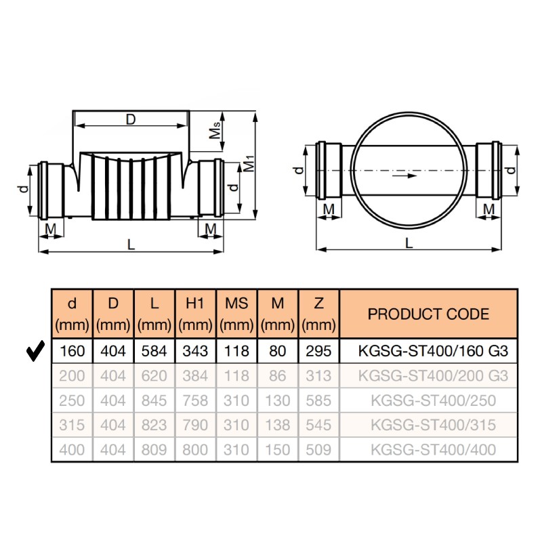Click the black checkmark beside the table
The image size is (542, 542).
(36, 350)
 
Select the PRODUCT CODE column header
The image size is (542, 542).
(428, 314)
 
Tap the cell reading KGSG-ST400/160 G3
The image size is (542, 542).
(433, 351)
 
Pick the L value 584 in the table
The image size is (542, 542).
(154, 351)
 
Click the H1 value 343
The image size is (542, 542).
(195, 351)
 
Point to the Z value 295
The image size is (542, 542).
(318, 351)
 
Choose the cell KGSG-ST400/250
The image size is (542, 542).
(433, 400)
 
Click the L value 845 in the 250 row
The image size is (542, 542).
(154, 400)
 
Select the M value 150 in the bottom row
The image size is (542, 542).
(278, 450)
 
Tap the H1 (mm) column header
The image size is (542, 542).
(195, 314)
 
